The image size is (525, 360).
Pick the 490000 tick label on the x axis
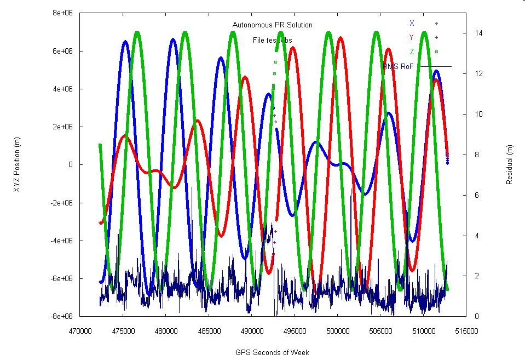[x=252, y=332]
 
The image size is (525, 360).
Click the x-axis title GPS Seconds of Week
[x=273, y=352]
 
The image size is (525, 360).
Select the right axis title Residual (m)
[x=510, y=164]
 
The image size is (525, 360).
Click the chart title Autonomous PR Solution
[x=273, y=25]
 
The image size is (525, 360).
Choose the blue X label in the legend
[x=412, y=23]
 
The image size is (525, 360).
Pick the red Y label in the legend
[x=412, y=37]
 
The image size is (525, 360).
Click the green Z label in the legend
[x=412, y=52]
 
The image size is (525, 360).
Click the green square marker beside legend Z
[x=436, y=52]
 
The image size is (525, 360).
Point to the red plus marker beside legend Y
[x=436, y=37]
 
